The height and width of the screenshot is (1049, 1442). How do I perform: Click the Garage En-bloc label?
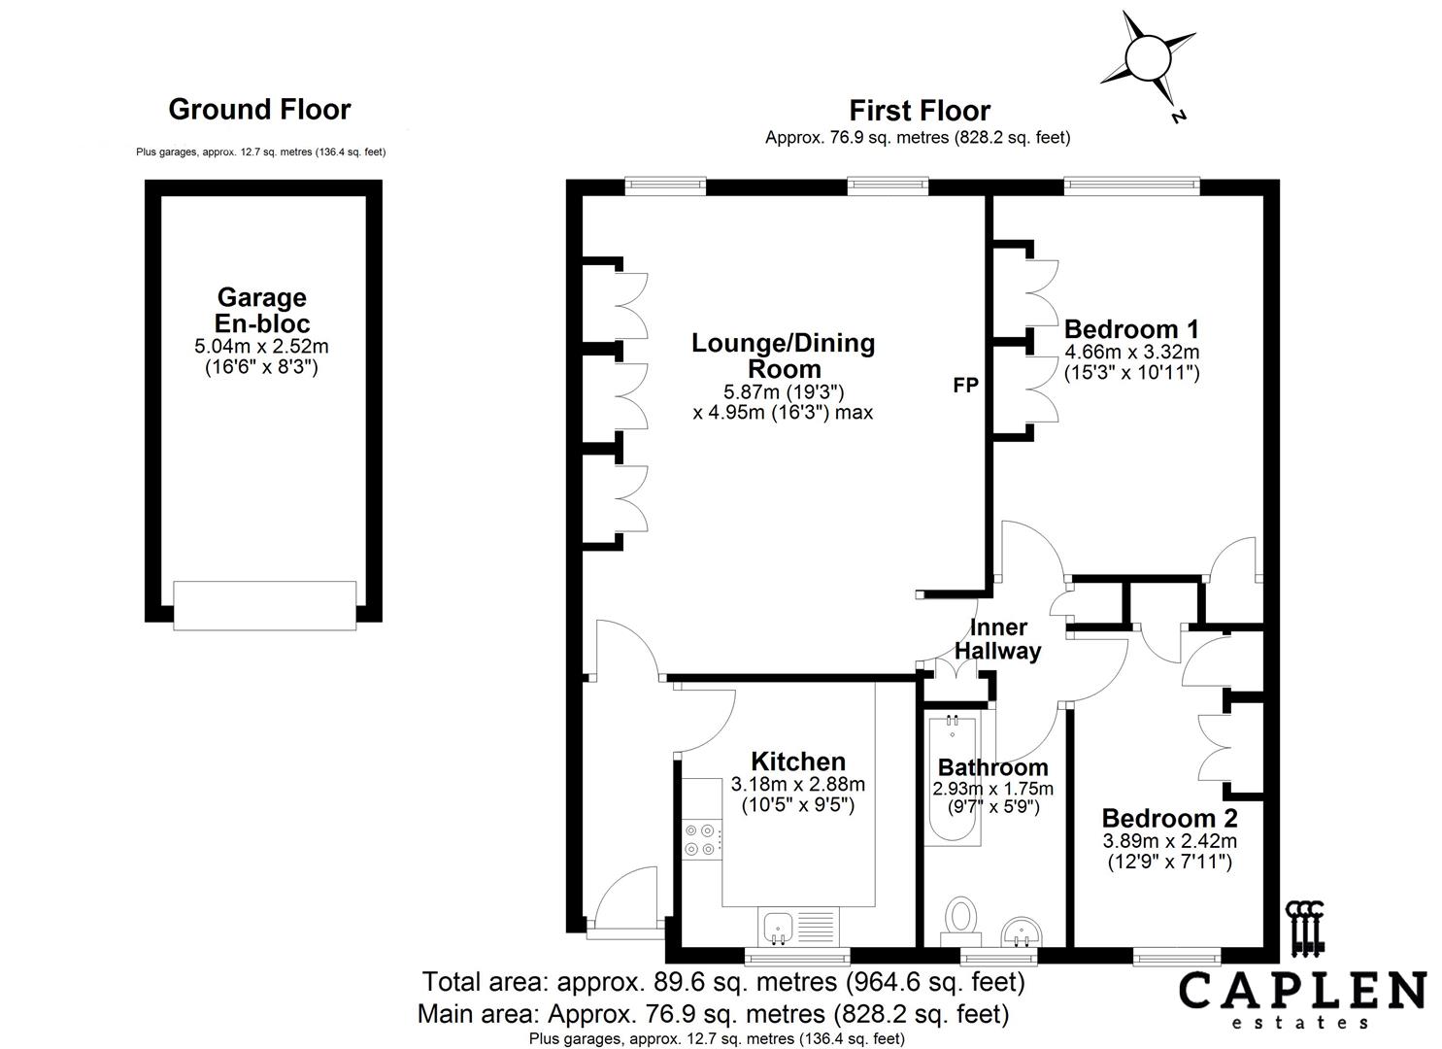[x=262, y=311]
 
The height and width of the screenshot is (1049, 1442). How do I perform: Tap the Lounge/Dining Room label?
[x=784, y=355]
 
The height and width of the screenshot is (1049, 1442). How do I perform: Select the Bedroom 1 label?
[x=1131, y=329]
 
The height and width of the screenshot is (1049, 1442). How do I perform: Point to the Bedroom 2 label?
[x=1170, y=819]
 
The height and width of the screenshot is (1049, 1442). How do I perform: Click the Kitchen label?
[x=798, y=761]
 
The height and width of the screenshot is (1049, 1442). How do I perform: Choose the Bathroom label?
[x=992, y=767]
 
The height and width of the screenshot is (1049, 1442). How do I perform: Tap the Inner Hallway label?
[x=998, y=639]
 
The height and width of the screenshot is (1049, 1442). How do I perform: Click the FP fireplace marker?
[x=965, y=385]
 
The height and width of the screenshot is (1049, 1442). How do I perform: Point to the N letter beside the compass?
[x=1178, y=117]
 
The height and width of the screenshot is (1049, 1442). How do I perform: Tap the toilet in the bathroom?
[x=961, y=922]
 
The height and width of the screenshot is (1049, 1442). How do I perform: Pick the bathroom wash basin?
[x=1021, y=931]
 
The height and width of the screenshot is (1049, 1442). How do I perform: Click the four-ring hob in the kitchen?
[x=702, y=840]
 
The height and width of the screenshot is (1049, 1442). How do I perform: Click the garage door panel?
[x=264, y=605]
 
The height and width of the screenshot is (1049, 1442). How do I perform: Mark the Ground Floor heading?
[x=259, y=110]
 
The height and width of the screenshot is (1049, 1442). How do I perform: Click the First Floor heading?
[x=920, y=111]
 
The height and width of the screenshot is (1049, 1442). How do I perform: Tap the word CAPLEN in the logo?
[x=1302, y=991]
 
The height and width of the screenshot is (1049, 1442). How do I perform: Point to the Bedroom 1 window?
[x=1131, y=186]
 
